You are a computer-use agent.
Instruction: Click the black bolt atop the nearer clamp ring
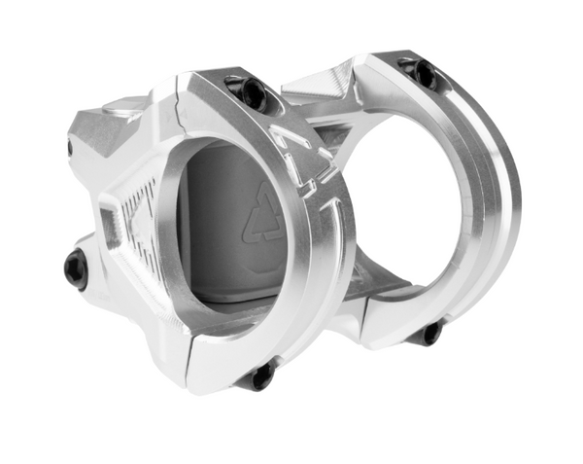tap(252, 93)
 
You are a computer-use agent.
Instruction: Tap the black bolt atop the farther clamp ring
tap(421, 71)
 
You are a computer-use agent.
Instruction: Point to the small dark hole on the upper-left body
tap(69, 148)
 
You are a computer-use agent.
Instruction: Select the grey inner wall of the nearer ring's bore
tap(209, 233)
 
